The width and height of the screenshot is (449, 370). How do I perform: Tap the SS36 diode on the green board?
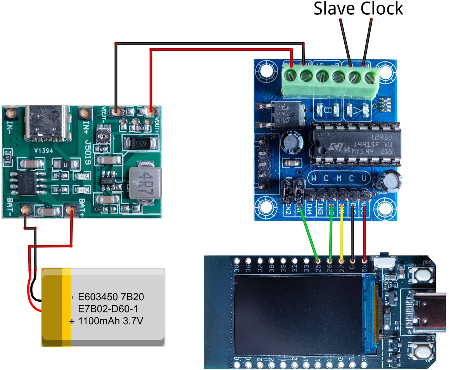point(141,144)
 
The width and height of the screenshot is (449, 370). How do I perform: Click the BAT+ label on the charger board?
point(83,208)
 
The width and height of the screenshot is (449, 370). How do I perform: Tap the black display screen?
point(298,315)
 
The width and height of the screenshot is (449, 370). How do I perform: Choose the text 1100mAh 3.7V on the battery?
point(111,321)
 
